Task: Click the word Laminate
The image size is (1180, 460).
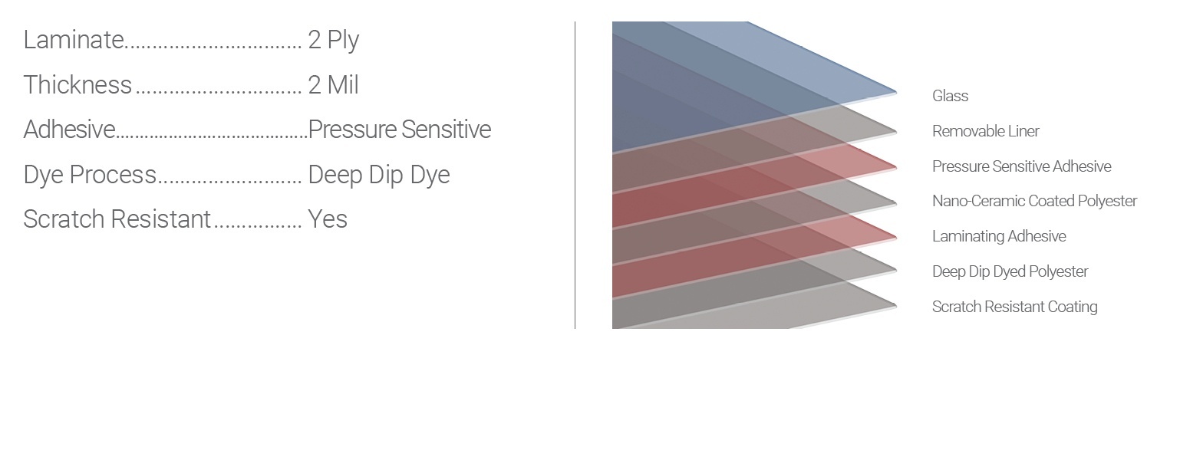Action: (x=74, y=40)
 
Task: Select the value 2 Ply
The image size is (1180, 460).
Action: (x=334, y=41)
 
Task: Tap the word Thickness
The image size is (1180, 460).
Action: (x=77, y=85)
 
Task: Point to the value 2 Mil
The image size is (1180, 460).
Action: (x=334, y=85)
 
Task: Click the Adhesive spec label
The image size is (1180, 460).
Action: (x=70, y=130)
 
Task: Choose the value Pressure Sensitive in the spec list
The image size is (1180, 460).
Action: (x=400, y=130)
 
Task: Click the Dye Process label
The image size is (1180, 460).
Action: (x=90, y=175)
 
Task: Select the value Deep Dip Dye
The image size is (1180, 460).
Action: (x=379, y=176)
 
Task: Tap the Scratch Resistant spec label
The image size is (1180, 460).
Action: (x=117, y=219)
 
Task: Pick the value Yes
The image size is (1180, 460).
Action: (x=328, y=219)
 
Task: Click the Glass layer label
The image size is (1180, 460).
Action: (x=951, y=96)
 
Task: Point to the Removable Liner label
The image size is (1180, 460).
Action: (x=986, y=131)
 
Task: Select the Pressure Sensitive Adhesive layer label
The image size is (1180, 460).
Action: (x=1022, y=166)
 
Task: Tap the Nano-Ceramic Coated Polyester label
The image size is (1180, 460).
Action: (x=1034, y=201)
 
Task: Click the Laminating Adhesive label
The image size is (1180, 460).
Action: (x=999, y=236)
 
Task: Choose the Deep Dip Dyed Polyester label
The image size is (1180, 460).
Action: (x=1010, y=271)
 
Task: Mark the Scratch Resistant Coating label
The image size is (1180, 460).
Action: (x=1015, y=307)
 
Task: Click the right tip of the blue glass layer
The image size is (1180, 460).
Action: (x=896, y=93)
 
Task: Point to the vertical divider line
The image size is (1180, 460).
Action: (x=575, y=176)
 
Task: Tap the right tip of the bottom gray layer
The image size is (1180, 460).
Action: (x=896, y=305)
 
